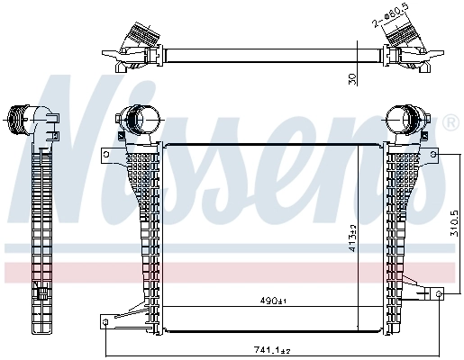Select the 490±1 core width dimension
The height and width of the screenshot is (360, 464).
point(271,301)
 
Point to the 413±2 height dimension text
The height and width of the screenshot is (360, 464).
point(352,238)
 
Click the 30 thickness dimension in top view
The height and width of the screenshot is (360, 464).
point(354,78)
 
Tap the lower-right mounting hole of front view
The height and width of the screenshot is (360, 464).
point(438,294)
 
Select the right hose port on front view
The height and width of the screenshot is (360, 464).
point(403,119)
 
